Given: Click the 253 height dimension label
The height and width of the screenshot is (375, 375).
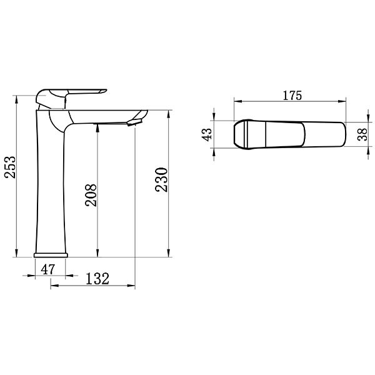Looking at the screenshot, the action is (10, 167).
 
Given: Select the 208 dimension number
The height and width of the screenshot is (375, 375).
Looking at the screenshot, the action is (91, 195).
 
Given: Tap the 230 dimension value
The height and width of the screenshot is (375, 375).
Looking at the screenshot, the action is (161, 180).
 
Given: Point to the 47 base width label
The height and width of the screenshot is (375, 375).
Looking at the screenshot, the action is (48, 269).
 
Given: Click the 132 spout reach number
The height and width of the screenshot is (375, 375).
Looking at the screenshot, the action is (97, 279).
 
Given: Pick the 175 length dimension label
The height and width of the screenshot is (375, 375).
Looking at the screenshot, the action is (292, 96).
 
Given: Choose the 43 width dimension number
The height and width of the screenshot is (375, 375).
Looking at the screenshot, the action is (207, 134).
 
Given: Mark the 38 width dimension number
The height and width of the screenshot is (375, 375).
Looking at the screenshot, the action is (362, 134).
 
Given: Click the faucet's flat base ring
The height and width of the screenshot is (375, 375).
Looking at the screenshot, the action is (51, 255).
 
